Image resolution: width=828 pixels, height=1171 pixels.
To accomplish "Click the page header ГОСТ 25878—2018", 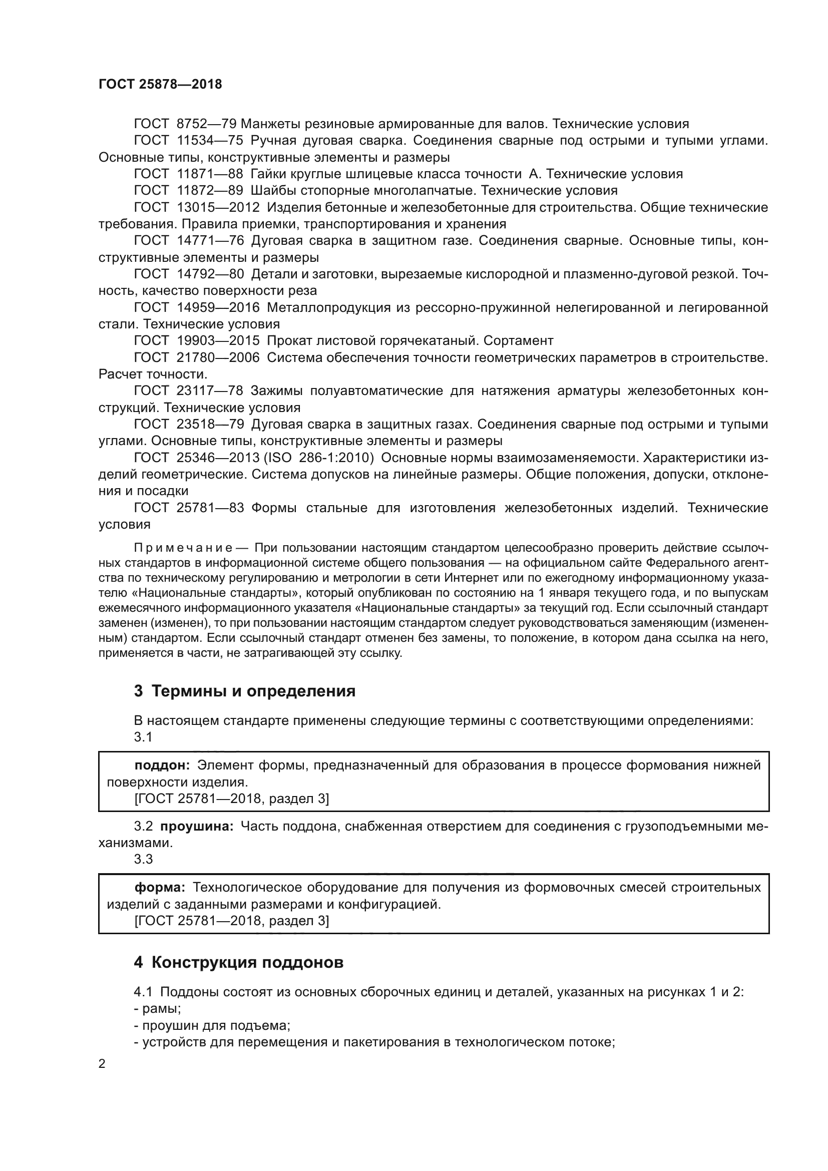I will click(160, 85).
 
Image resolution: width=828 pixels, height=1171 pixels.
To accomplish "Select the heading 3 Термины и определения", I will click(244, 691).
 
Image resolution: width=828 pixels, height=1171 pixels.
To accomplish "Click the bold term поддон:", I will click(162, 765).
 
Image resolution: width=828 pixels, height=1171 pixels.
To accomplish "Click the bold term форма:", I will click(160, 888).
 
